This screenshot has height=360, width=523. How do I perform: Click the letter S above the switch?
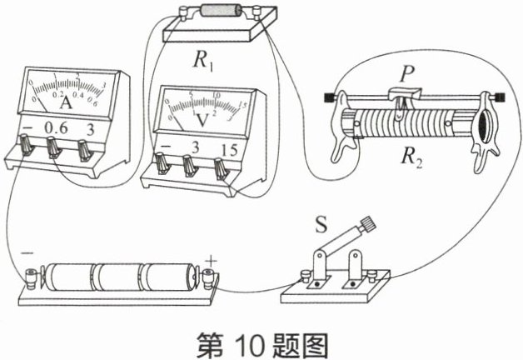point(322,224)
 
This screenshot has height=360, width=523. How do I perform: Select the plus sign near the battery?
point(210,263)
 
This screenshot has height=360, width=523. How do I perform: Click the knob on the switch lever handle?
point(366,224)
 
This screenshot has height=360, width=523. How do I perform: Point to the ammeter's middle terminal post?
point(55,150)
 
